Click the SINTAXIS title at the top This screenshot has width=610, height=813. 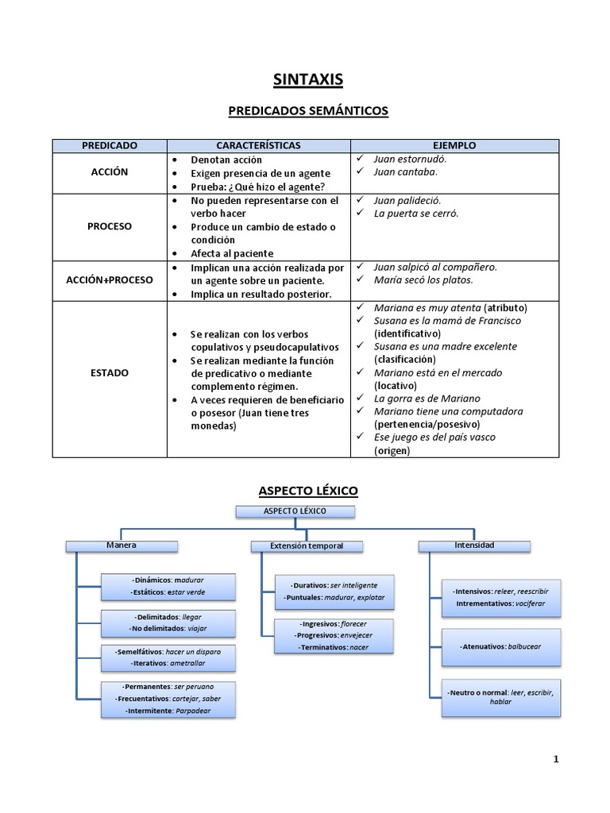[308, 79]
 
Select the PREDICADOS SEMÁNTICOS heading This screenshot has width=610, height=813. [308, 111]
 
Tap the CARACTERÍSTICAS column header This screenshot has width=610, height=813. [259, 146]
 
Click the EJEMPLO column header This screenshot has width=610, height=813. [454, 146]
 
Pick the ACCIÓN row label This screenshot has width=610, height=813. [110, 172]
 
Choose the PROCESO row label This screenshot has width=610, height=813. [110, 226]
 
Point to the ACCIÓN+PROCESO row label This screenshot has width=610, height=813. [110, 280]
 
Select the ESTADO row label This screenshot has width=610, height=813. [110, 372]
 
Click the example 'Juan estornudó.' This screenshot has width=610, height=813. [411, 159]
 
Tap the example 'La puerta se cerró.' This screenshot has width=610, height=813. [415, 213]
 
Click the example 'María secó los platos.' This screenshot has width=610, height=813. [423, 279]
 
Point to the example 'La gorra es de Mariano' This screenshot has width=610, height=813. [427, 399]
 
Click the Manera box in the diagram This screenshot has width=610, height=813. [122, 545]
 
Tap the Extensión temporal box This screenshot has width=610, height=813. [307, 546]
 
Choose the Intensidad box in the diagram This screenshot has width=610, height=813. [474, 545]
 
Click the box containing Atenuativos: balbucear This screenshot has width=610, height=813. [501, 647]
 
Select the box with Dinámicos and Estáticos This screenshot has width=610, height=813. [168, 587]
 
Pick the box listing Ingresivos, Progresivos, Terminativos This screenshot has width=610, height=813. [334, 636]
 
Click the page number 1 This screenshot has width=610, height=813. [556, 760]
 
